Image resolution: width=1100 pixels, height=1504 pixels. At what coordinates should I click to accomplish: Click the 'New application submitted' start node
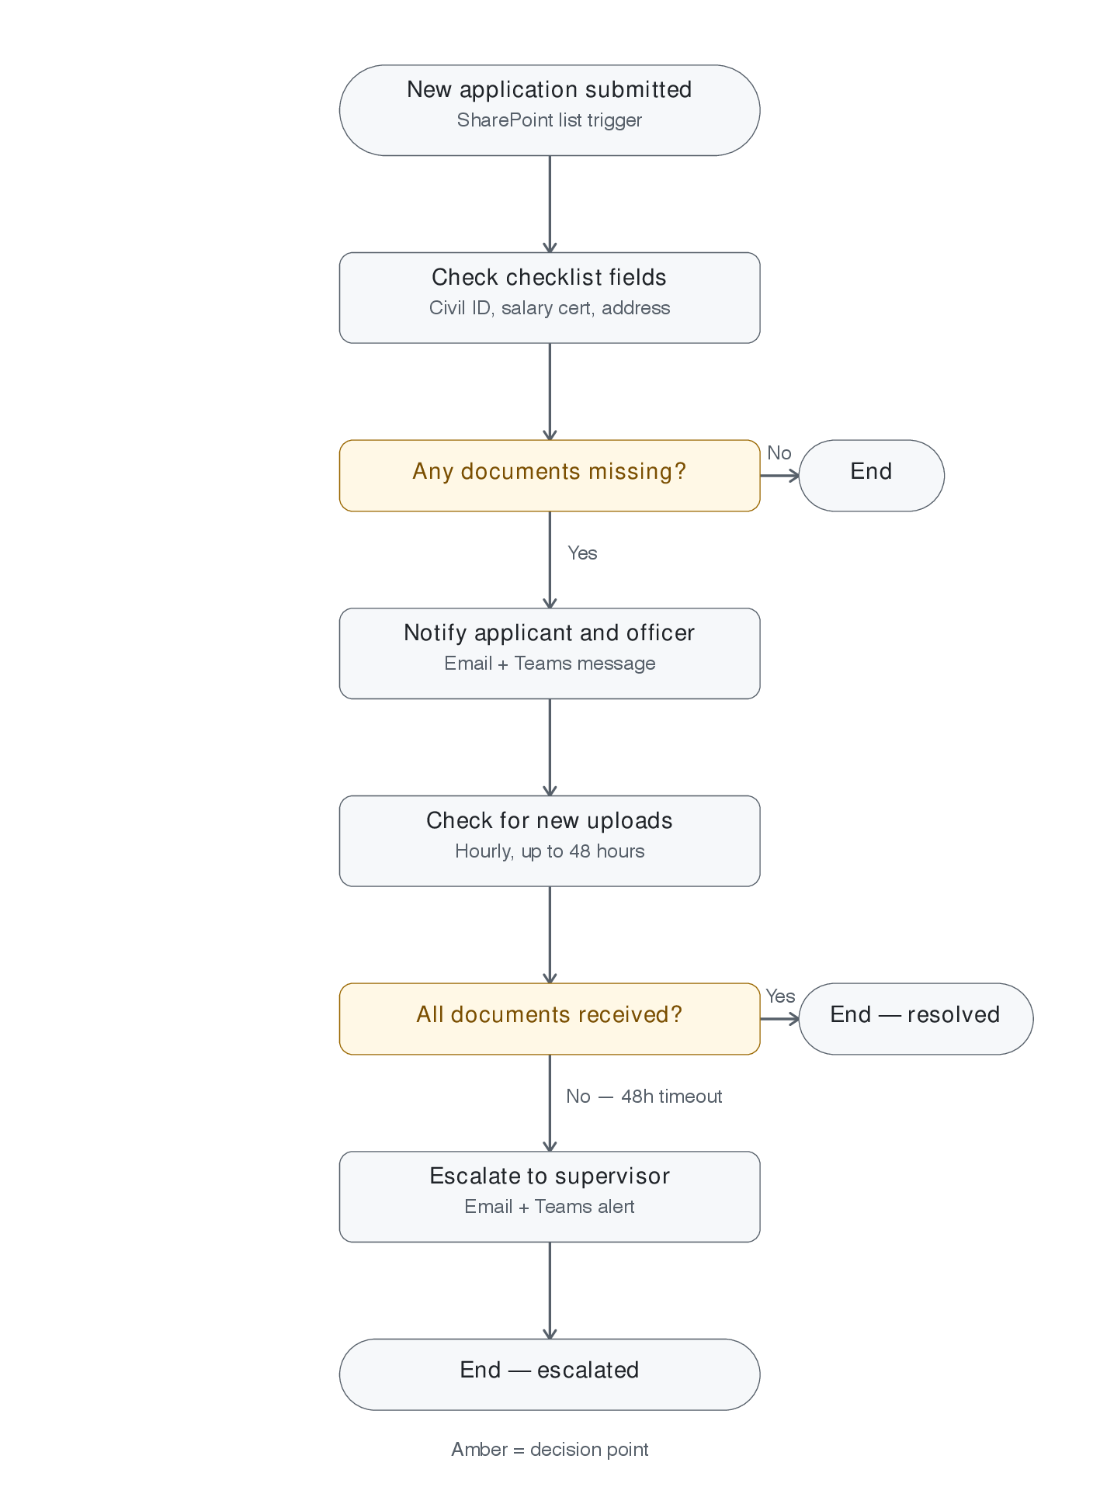550,110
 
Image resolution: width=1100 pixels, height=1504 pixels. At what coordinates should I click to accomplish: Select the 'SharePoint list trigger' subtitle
550,120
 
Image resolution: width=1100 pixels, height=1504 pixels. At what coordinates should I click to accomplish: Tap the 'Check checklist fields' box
550,298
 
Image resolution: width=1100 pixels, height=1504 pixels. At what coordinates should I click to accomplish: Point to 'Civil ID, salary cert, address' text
550,308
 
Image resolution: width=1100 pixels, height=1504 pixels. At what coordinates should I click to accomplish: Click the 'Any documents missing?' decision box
550,476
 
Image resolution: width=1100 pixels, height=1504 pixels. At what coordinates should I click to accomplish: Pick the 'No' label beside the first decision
779,453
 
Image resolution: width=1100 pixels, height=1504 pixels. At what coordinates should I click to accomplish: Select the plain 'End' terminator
872,476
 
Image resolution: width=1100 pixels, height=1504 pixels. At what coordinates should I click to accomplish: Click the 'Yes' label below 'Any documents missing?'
582,553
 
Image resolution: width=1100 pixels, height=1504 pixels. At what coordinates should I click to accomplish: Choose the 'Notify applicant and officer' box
550,653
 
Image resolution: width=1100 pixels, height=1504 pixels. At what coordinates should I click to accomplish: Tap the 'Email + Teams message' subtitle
550,664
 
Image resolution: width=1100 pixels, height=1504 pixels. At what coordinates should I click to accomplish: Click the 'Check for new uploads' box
550,841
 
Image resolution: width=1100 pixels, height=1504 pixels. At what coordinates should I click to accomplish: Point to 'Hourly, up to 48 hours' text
550,851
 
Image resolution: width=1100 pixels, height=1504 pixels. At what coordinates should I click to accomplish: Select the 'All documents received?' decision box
550,1019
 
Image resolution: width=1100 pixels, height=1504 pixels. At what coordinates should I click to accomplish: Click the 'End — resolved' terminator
916,1019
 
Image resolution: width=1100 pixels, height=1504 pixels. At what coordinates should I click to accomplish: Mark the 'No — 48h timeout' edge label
644,1097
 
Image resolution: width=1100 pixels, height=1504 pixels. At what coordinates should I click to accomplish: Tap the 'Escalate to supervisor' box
550,1197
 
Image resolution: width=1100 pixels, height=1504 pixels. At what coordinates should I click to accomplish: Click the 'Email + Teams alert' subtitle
550,1207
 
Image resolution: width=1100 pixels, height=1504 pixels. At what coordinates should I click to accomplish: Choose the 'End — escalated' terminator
550,1374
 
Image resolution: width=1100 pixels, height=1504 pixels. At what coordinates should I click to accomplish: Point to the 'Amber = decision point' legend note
550,1450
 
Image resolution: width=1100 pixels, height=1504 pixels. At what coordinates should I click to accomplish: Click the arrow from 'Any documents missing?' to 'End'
779,476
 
